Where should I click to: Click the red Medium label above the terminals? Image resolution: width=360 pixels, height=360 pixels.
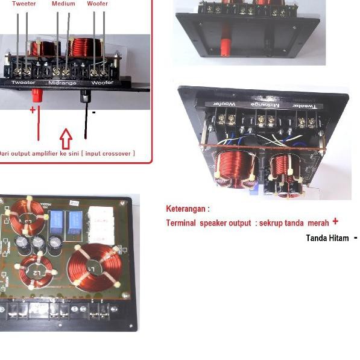click(x=63, y=4)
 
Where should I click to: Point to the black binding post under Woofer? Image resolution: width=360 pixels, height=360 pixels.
click(x=86, y=96)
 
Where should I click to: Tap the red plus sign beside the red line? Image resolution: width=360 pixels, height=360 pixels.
click(x=32, y=110)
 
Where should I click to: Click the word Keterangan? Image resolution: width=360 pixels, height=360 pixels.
click(x=188, y=209)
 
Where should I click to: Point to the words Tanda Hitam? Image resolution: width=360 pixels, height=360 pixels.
click(x=327, y=238)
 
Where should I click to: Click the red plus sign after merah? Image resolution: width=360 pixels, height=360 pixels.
click(x=335, y=222)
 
